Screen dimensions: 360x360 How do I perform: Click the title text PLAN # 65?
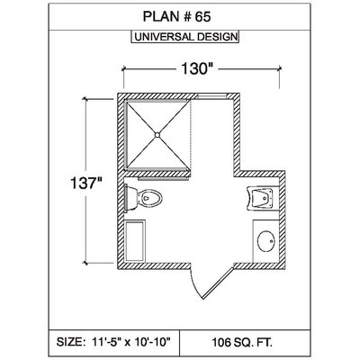[176, 17]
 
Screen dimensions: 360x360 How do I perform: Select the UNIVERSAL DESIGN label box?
[185, 37]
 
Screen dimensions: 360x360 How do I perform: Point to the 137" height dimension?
[86, 183]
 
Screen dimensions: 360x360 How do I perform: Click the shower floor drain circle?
[157, 135]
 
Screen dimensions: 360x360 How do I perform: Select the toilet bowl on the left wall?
[149, 198]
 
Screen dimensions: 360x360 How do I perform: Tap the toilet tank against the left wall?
[130, 198]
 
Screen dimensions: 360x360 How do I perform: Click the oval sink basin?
[266, 241]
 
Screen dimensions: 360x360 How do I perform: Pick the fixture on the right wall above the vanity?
[260, 198]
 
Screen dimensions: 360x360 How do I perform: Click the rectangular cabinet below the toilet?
[135, 241]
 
